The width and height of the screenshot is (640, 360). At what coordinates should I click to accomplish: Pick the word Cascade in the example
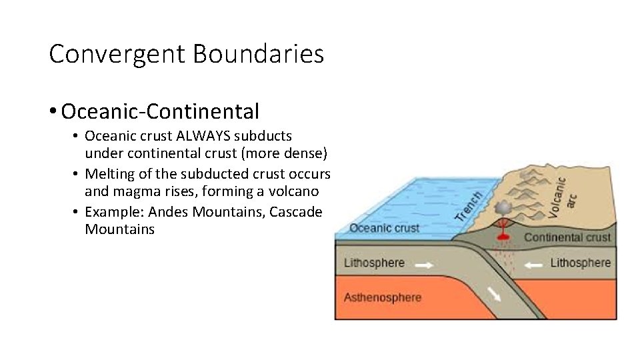(297, 212)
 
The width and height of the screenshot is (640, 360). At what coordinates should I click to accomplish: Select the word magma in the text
(132, 191)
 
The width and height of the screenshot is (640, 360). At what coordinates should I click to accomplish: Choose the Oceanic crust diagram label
(385, 228)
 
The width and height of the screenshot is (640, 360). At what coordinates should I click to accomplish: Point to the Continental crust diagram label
(567, 237)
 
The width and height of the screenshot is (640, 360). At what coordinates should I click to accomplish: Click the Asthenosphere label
(383, 297)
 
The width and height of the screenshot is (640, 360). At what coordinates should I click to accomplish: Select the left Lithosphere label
(374, 263)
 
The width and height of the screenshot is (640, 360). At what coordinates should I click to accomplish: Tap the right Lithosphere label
(580, 263)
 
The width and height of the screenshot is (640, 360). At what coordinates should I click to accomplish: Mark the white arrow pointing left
(533, 265)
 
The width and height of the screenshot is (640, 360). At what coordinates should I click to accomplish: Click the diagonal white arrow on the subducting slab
(493, 293)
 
